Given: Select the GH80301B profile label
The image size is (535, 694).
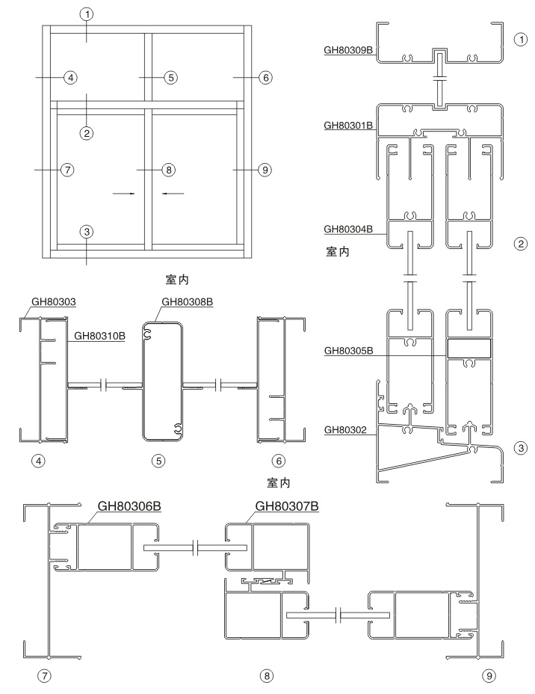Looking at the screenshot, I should (348, 126).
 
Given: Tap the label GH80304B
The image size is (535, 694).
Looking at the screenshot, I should (348, 228).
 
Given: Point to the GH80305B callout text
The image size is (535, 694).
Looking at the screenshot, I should (348, 350).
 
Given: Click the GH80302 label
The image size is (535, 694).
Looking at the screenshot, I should (345, 430).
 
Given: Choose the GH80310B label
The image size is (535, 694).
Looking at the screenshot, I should (100, 335).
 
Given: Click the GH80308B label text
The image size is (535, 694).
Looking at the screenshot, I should (185, 302).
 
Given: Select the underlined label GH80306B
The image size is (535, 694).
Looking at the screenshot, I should (130, 507).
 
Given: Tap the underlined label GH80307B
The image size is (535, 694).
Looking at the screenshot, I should (287, 507).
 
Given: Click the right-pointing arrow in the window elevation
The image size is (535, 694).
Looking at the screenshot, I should (125, 193).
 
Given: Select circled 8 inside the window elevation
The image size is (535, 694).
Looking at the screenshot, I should (169, 171).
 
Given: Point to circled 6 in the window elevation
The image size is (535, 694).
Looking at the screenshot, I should (265, 77).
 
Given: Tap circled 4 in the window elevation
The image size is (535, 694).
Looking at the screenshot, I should (69, 77).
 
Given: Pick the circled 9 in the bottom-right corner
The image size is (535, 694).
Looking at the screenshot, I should (489, 676).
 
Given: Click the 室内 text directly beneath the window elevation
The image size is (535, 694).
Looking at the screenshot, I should (176, 280).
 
